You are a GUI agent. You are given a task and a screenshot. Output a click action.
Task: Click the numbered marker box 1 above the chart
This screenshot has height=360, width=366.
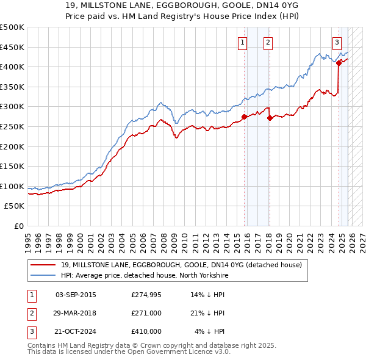point(243,42)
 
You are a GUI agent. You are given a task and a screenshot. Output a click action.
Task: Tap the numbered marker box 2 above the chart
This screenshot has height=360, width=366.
point(268,42)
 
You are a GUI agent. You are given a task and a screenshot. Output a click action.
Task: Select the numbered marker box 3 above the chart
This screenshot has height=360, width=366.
point(337,42)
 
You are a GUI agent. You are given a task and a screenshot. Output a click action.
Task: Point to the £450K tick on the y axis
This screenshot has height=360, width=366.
point(12,47)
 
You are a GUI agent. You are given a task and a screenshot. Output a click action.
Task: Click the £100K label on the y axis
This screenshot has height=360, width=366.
point(12,186)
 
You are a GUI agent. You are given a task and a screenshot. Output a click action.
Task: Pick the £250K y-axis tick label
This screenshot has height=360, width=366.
point(12,126)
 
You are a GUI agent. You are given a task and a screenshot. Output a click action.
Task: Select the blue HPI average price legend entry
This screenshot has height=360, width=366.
point(144,276)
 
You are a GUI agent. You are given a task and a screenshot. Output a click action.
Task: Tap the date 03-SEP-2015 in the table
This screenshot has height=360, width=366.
point(76,295)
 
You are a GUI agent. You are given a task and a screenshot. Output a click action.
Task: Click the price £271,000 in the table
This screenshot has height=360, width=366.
point(146,313)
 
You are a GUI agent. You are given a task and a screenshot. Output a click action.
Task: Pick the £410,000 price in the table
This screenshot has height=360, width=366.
point(146,331)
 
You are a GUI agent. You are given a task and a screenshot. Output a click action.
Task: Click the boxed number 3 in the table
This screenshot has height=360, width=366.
point(30,331)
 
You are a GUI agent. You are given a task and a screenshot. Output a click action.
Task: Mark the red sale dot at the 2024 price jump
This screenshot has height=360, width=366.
point(339,62)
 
